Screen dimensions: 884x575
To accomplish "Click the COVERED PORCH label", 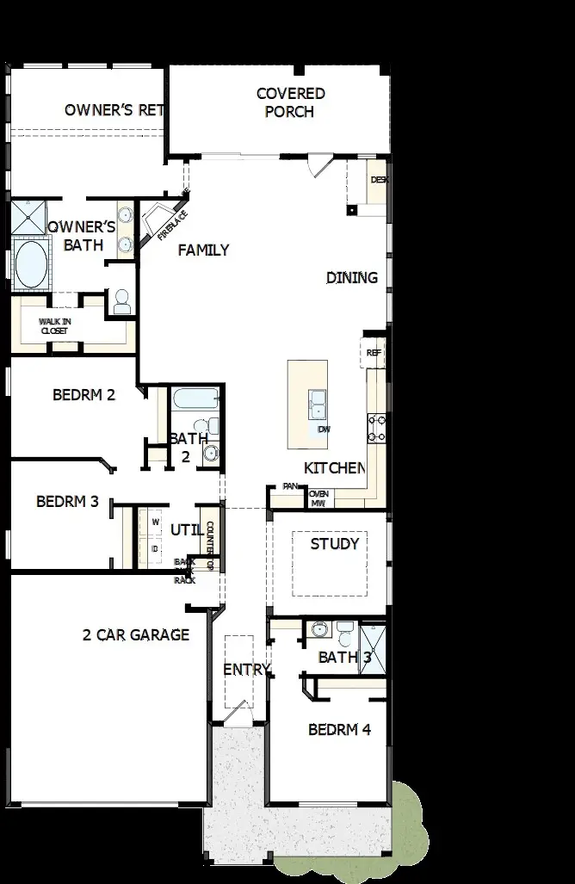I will (x=289, y=102).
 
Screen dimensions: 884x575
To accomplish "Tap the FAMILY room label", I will (x=203, y=250).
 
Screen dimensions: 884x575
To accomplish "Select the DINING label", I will (x=351, y=277).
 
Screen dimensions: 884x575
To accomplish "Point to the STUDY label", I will (x=334, y=544).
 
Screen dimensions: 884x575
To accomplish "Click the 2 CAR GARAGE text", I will (x=136, y=635).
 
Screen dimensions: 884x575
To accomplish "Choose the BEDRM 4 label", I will (x=339, y=730).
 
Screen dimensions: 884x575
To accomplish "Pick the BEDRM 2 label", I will (x=83, y=396).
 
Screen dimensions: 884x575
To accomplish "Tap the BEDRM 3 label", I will (x=67, y=502).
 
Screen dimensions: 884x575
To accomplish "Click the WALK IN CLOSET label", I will (x=54, y=325).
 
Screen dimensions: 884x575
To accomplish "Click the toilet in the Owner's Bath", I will (x=121, y=301).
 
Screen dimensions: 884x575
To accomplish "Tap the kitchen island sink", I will (x=317, y=403).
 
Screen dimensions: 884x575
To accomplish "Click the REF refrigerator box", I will (x=373, y=353).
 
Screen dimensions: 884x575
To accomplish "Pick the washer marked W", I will (x=156, y=522).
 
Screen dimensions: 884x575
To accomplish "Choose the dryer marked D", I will (x=156, y=548).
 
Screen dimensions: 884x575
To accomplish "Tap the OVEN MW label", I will (x=319, y=498).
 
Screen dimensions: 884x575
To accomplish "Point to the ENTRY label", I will (x=247, y=670).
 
